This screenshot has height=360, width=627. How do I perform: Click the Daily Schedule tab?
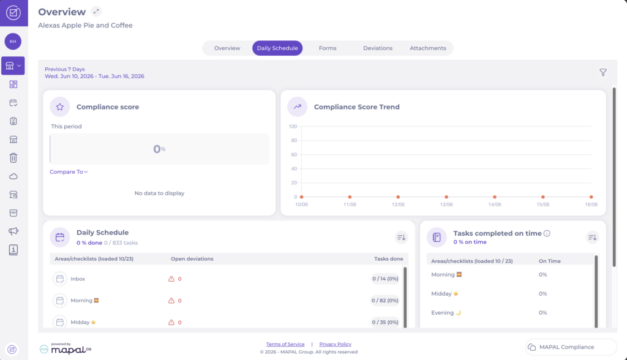pos(277,48)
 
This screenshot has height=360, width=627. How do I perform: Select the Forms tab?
pos(328,48)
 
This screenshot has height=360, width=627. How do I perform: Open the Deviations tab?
pos(377,48)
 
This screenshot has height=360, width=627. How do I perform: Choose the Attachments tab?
pos(428,48)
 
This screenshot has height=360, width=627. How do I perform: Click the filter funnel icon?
pos(603,72)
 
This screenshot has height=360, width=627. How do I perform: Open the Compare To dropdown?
pos(69,171)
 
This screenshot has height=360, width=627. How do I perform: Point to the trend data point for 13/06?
pos(446,197)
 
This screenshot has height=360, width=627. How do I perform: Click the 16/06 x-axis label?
pos(591,204)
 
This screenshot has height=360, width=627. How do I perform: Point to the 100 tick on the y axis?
pos(293,126)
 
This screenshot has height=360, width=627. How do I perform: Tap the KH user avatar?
pos(13,41)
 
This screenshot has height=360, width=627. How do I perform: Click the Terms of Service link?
pos(285,344)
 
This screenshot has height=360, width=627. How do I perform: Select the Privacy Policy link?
pos(335,344)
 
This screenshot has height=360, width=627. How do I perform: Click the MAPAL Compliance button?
pos(571,347)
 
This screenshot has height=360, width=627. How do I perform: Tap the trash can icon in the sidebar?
pos(13,157)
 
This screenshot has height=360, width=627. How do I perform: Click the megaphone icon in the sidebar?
pos(13,231)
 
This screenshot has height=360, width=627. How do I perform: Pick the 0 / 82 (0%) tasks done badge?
pos(385,301)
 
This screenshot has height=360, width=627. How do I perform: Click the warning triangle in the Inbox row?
pos(171,279)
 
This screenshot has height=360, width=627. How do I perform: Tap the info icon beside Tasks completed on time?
pos(547,233)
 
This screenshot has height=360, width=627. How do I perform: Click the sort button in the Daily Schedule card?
pos(402,237)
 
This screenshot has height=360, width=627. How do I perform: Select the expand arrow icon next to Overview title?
pos(96,12)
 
